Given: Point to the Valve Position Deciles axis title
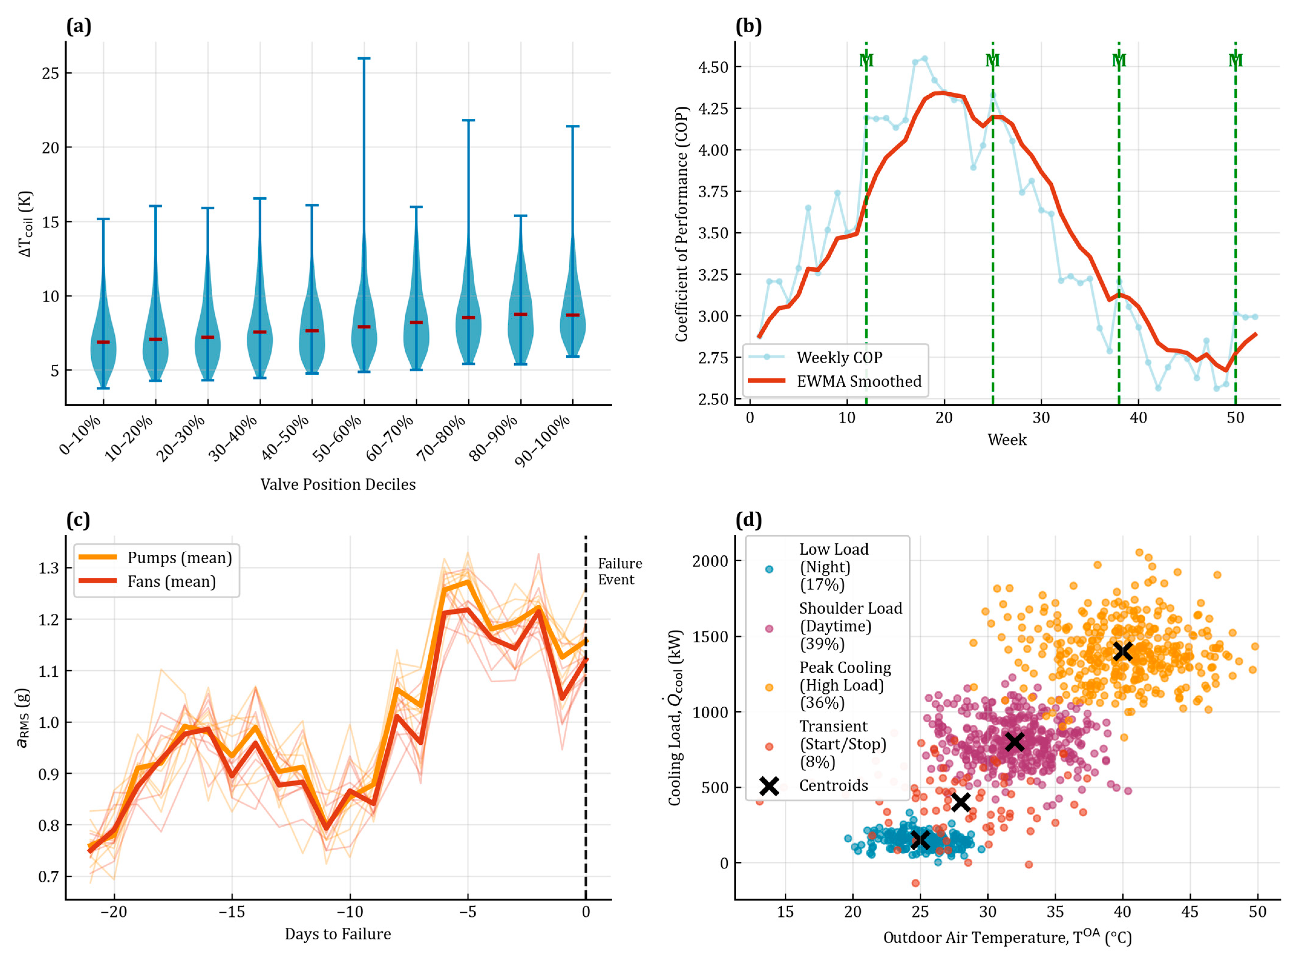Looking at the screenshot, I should (x=338, y=484).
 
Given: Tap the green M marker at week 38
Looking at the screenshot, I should (x=1119, y=60).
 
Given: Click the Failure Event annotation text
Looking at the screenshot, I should (x=620, y=572).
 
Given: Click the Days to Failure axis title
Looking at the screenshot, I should (x=338, y=934).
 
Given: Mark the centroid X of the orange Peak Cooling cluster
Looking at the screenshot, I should (x=1123, y=651).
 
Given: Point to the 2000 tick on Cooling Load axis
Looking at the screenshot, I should (x=711, y=561).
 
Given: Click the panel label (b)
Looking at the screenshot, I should (x=748, y=27).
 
